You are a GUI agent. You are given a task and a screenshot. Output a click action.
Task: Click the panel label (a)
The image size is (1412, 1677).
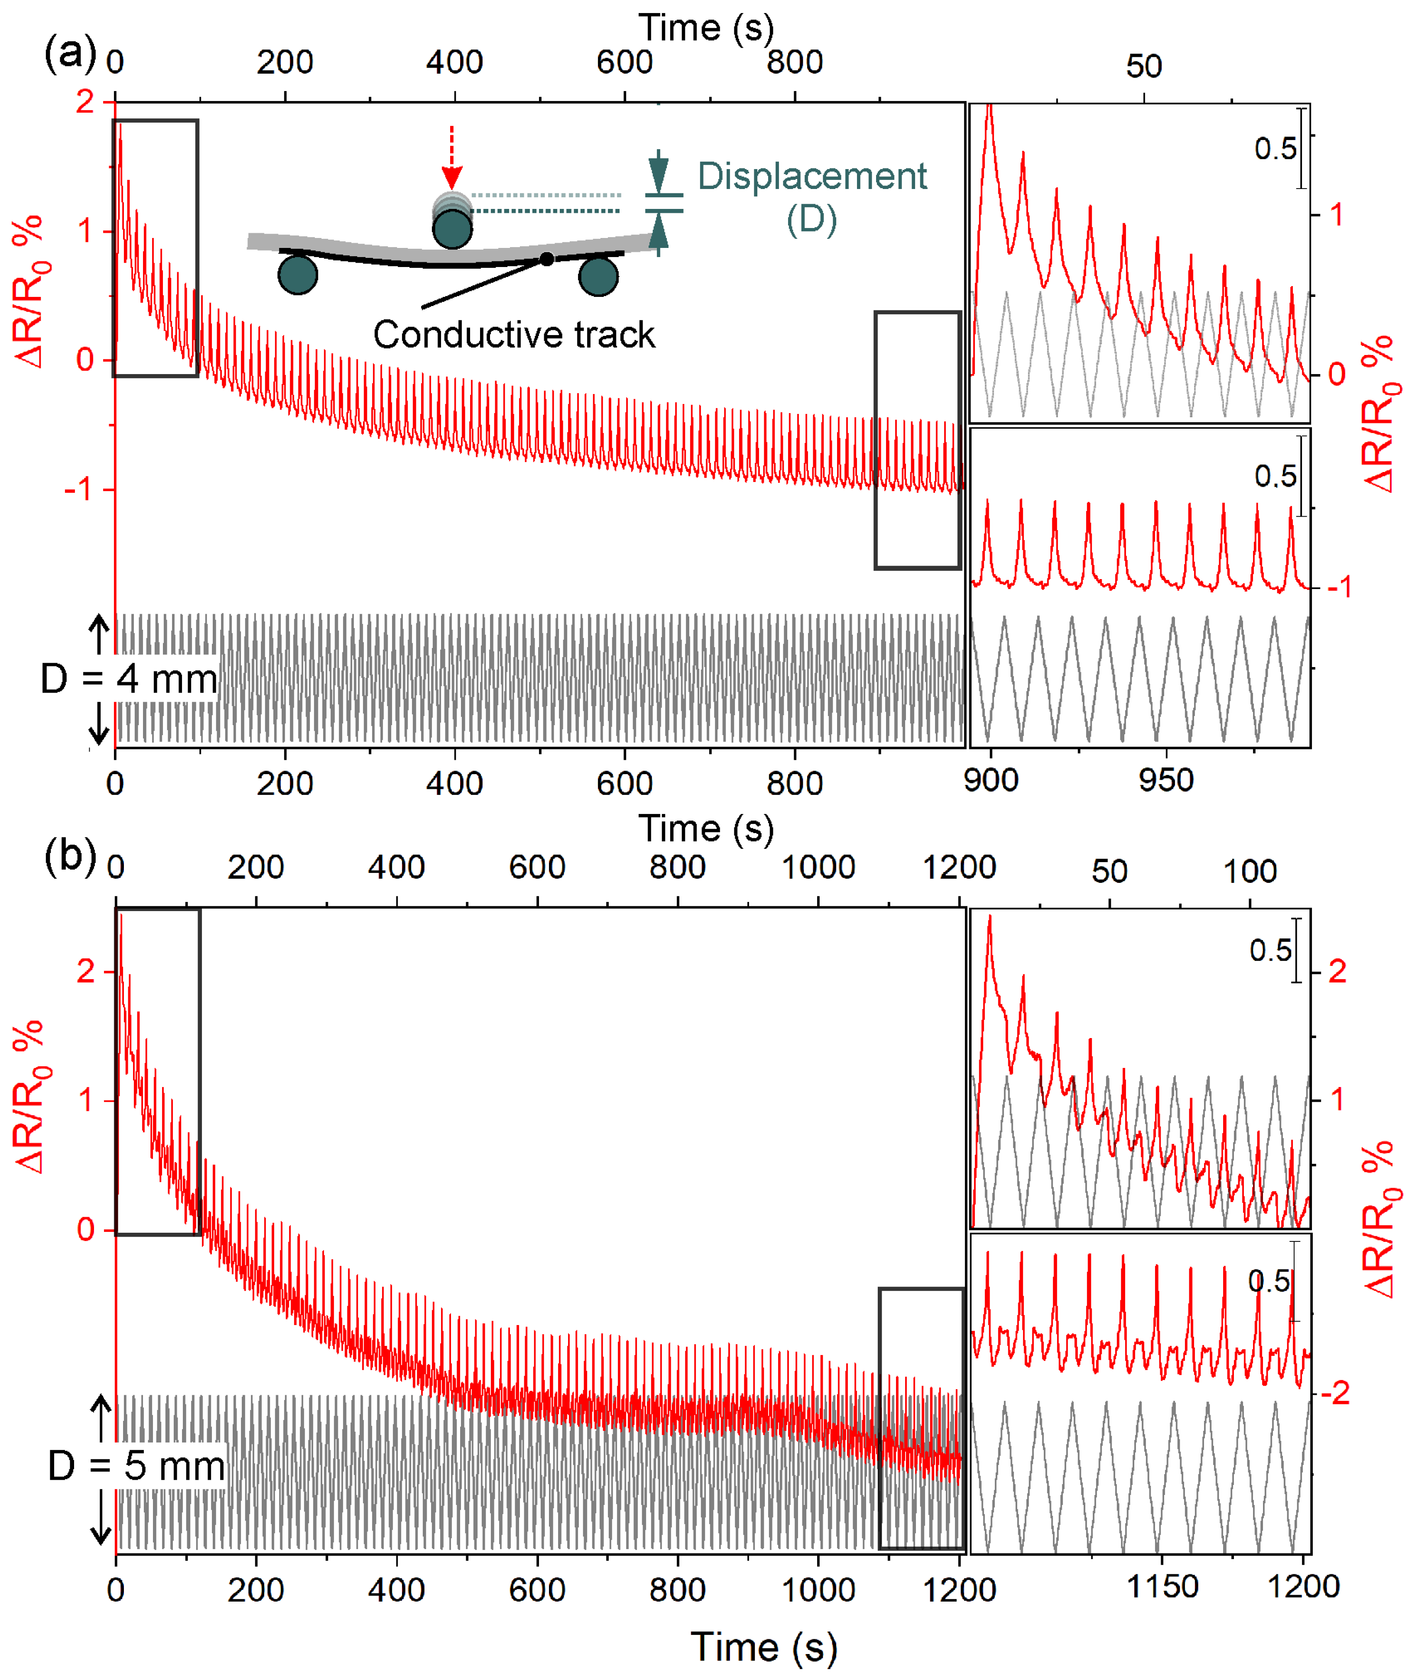tap(70, 55)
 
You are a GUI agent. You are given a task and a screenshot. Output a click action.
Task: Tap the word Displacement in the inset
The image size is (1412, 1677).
tap(811, 176)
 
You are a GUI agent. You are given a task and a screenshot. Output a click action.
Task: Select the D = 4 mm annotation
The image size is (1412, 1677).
tap(129, 679)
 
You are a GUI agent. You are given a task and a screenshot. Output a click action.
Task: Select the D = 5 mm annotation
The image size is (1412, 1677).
tap(136, 1465)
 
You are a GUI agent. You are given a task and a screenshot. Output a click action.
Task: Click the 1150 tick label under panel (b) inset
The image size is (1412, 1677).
tap(1162, 1586)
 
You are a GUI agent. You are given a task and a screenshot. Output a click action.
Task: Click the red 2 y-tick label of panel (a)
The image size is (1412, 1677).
tap(85, 102)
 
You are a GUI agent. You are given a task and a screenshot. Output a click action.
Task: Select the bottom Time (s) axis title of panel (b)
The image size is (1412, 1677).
tap(764, 1648)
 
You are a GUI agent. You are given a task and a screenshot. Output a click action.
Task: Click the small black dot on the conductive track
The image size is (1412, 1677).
tap(547, 259)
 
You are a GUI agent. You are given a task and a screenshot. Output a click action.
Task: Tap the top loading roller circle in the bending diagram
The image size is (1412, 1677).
tap(452, 229)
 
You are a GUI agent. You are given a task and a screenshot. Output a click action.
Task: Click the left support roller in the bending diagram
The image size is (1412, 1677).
tap(298, 275)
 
